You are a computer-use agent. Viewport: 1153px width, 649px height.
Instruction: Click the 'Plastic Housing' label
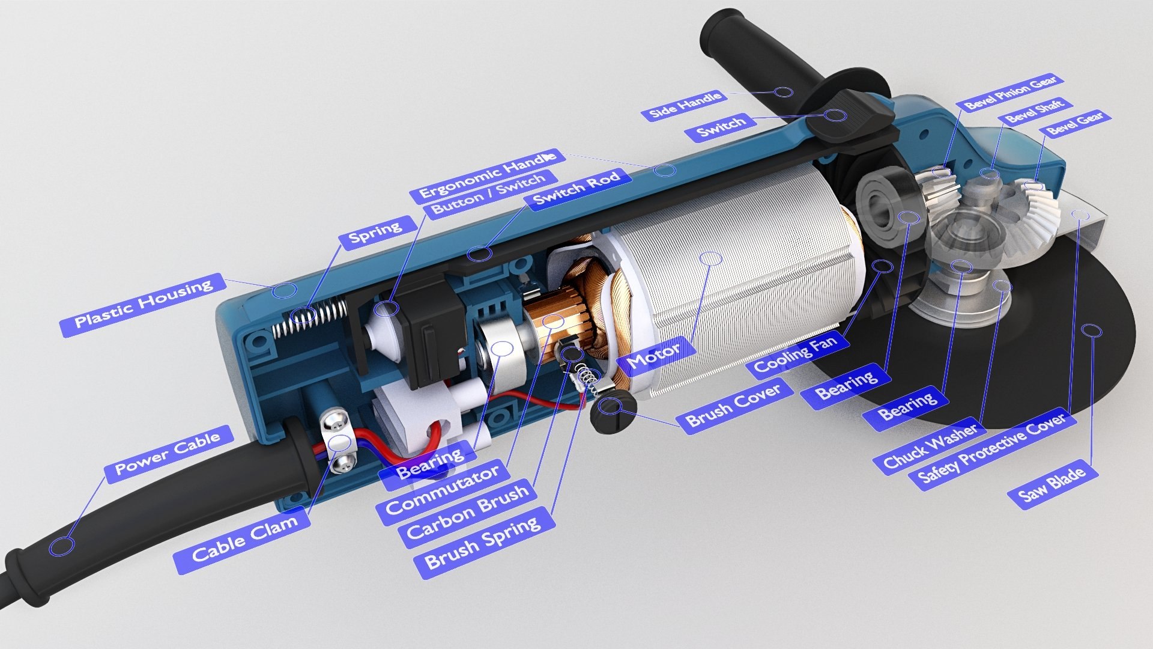[143, 305]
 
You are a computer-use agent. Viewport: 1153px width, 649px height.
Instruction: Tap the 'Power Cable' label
[167, 454]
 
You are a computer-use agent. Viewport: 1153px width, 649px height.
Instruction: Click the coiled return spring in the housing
[309, 317]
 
